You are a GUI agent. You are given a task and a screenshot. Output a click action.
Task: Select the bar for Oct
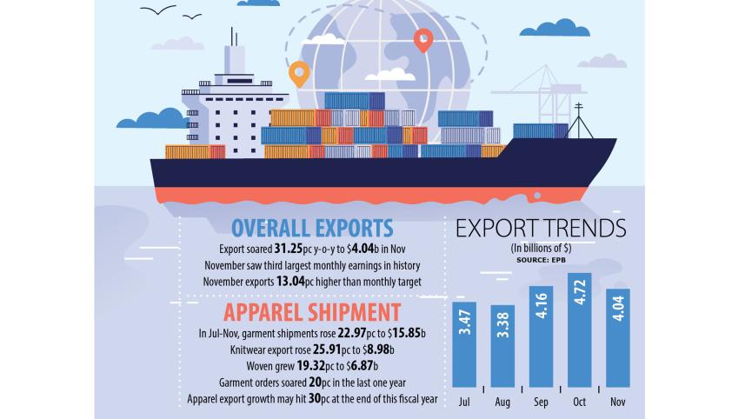[x=579, y=330]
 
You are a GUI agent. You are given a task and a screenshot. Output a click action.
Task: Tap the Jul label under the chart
[x=465, y=402]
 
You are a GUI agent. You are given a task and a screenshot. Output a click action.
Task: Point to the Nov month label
[x=617, y=402]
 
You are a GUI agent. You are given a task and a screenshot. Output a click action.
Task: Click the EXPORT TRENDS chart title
[x=541, y=229]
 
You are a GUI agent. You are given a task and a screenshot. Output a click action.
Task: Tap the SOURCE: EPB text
[x=541, y=259]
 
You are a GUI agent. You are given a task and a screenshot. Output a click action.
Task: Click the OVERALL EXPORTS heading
[x=312, y=229]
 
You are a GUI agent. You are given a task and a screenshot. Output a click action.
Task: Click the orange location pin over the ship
[x=299, y=74]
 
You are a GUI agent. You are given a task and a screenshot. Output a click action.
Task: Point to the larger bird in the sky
[x=157, y=10]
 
